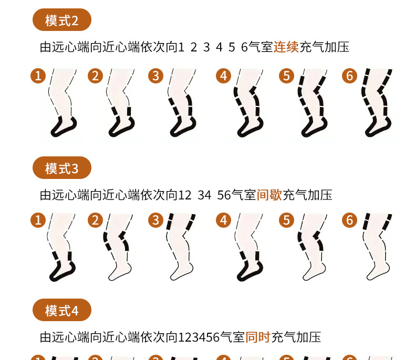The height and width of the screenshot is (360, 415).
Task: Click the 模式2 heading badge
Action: [x=62, y=20]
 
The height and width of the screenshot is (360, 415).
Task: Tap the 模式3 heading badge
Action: [x=62, y=168]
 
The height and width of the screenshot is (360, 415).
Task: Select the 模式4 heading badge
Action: [x=62, y=310]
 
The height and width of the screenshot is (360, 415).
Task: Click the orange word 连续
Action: [x=286, y=47]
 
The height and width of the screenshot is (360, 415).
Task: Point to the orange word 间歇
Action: [x=269, y=195]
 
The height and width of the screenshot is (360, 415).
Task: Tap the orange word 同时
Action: [x=258, y=337]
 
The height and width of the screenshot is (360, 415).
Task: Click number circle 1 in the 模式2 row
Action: [x=38, y=76]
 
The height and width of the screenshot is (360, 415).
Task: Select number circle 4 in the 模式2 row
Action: [x=224, y=76]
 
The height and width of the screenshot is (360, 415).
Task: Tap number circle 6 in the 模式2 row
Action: [x=350, y=76]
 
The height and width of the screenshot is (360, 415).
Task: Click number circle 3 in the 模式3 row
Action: [x=155, y=220]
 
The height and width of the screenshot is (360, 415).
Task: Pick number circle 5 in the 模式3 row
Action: [x=287, y=220]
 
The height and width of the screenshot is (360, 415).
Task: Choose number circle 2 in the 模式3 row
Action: [x=95, y=220]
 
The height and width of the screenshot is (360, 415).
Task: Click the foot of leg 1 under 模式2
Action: [x=64, y=127]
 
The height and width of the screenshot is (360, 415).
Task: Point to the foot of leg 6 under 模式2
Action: [x=378, y=127]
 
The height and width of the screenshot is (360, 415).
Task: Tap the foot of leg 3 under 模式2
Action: [x=183, y=127]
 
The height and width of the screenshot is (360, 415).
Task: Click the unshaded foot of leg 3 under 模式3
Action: [x=182, y=271]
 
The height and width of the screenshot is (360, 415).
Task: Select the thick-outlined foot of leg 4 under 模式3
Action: [x=250, y=271]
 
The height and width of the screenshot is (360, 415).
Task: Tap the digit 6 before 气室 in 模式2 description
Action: [x=244, y=47]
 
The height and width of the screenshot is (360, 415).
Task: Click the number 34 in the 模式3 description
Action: [x=204, y=195]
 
